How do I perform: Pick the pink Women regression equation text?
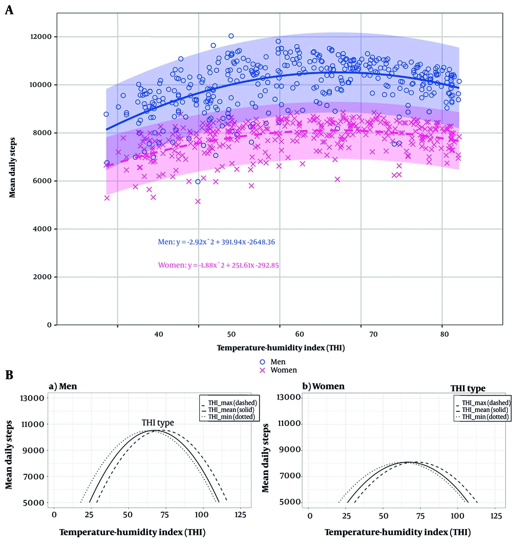tap(218, 266)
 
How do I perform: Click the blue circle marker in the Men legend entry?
tap(262, 360)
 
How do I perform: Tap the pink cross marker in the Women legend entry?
tap(262, 369)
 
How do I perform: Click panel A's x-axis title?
tap(280, 348)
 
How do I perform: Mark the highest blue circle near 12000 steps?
tap(231, 36)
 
